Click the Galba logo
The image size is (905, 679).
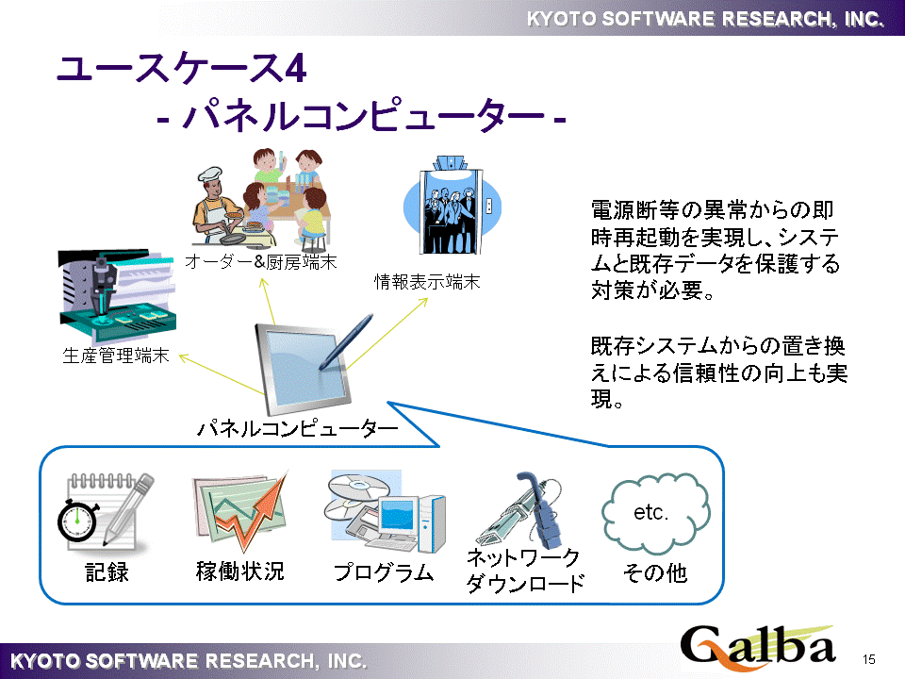click(x=758, y=648)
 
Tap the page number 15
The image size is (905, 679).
click(x=869, y=658)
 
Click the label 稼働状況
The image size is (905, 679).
click(x=239, y=571)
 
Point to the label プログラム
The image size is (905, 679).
click(x=384, y=571)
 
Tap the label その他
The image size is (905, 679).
click(x=655, y=571)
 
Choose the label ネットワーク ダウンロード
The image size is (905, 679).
click(x=525, y=571)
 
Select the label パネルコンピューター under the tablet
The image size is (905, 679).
click(x=297, y=429)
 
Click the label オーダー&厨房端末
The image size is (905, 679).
click(x=261, y=261)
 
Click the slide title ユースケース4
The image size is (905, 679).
click(x=180, y=69)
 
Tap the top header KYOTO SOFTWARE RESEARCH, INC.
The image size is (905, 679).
click(x=704, y=18)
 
